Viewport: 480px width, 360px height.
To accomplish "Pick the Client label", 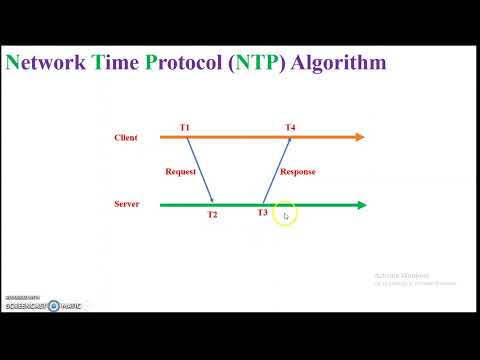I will pyautogui.click(x=126, y=137).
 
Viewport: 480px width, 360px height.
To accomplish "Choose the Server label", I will pyautogui.click(x=127, y=204).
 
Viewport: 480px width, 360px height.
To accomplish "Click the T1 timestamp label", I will pyautogui.click(x=185, y=127).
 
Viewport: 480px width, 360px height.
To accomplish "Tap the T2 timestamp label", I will pyautogui.click(x=212, y=215).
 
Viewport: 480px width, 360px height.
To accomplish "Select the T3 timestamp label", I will pyautogui.click(x=263, y=213).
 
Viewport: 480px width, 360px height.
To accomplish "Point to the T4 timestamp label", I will pyautogui.click(x=290, y=127).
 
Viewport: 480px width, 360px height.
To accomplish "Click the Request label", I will pyautogui.click(x=181, y=172).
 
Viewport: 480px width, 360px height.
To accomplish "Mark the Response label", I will pyautogui.click(x=298, y=172).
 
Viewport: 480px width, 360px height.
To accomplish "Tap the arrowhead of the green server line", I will pyautogui.click(x=361, y=205).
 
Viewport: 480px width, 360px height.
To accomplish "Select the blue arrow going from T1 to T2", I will pyautogui.click(x=199, y=170).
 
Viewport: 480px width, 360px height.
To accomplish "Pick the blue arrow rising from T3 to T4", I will pyautogui.click(x=277, y=170).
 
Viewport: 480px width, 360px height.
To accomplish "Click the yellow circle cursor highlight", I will pyautogui.click(x=285, y=214).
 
